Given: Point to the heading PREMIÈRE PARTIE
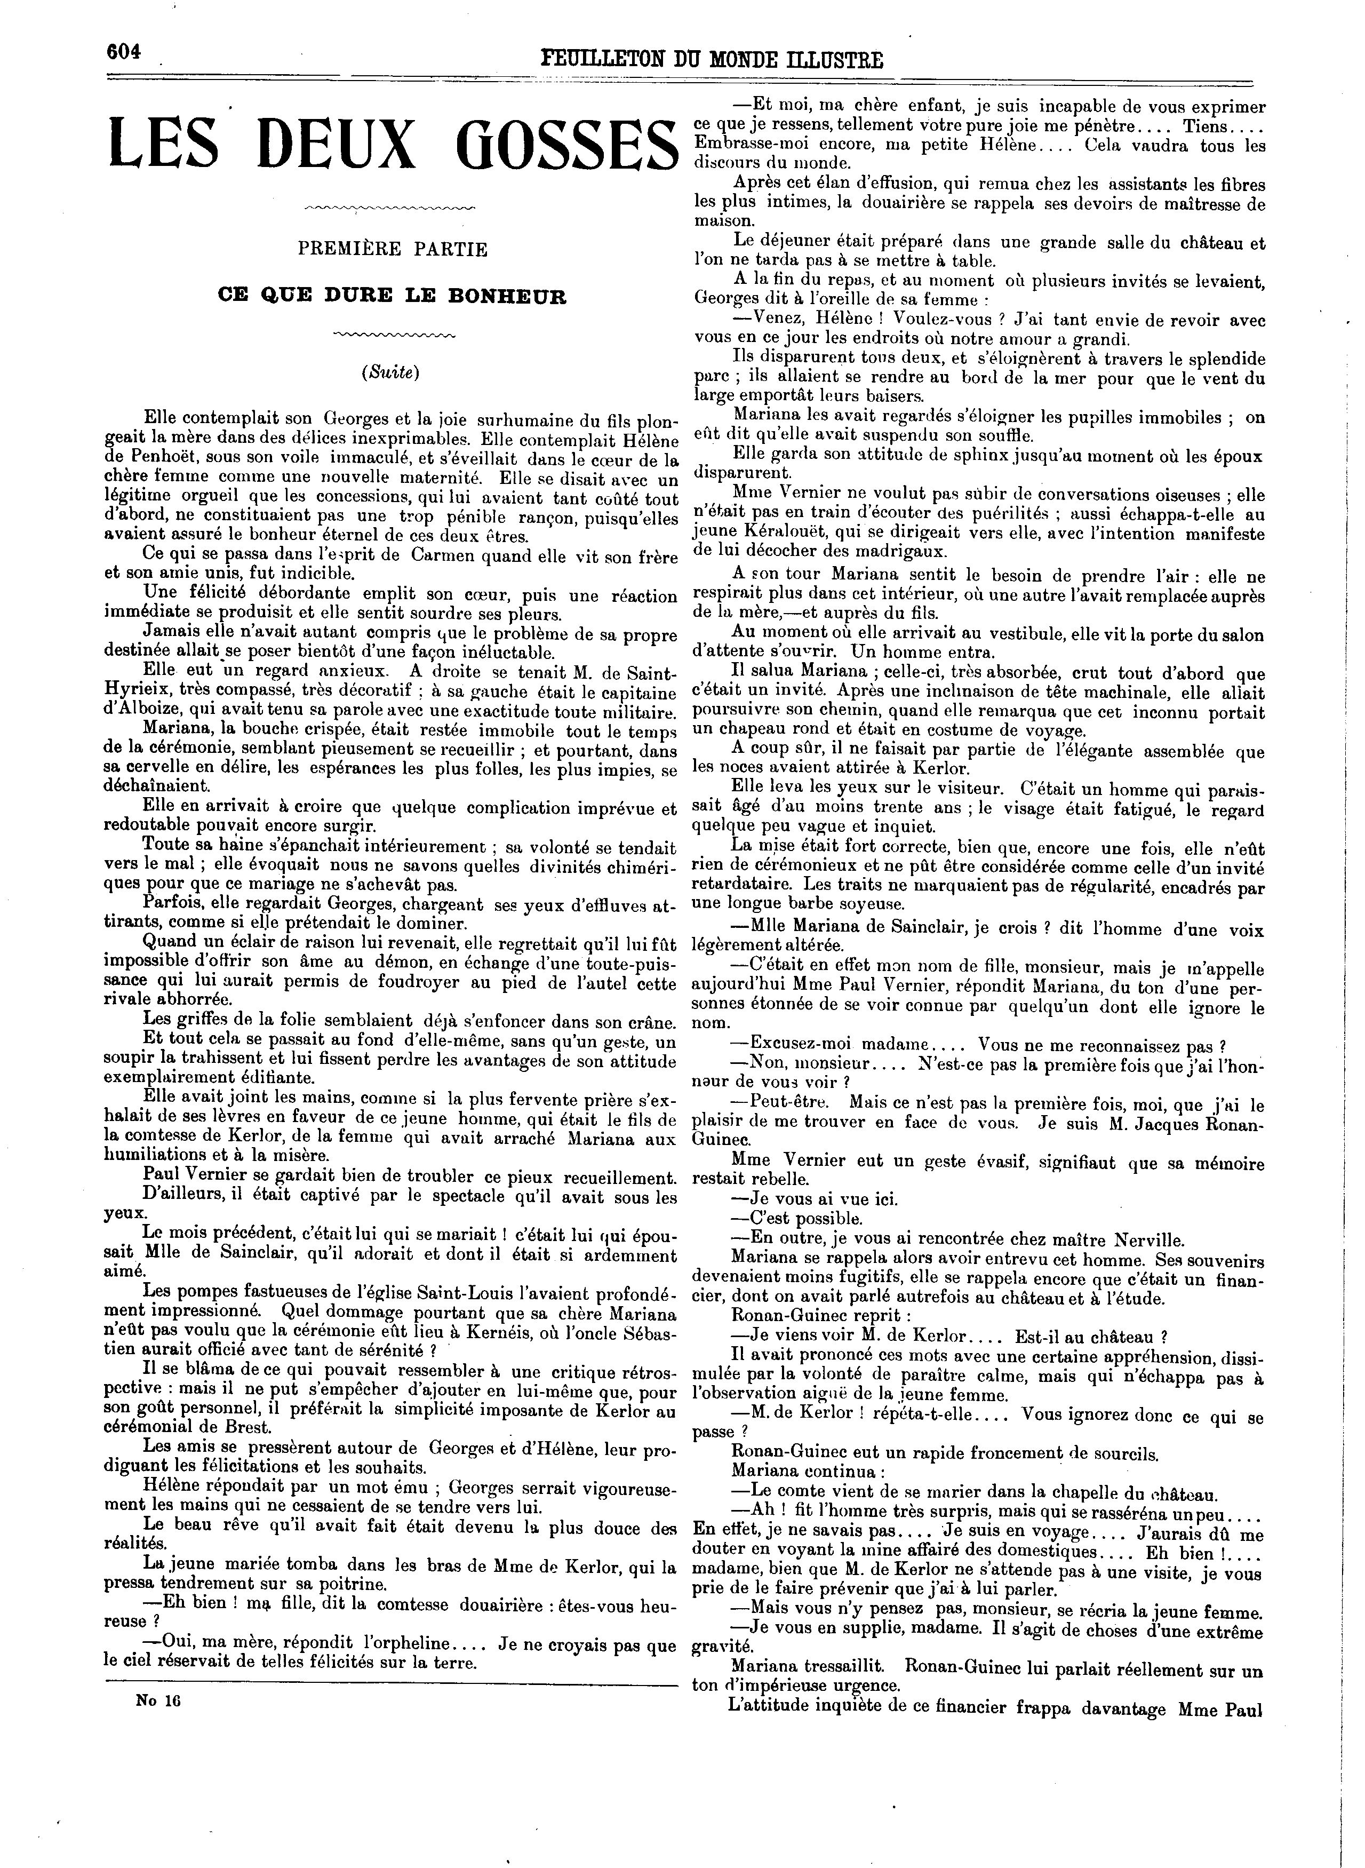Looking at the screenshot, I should coord(393,249).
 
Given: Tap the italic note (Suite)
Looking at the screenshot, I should coord(391,372).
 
